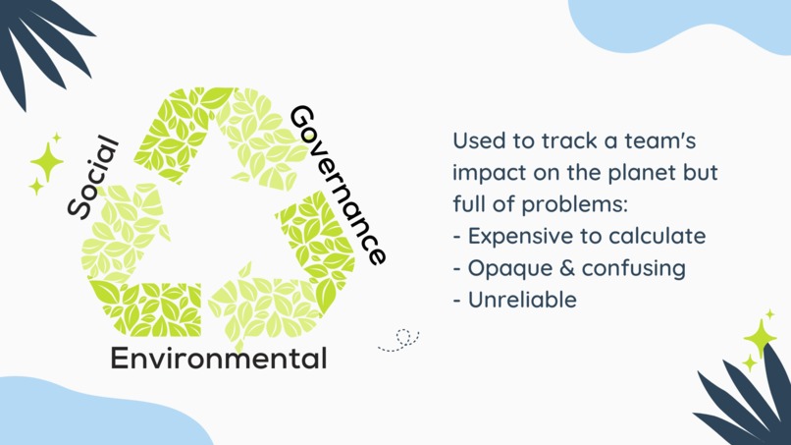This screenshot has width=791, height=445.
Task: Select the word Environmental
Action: coord(218,359)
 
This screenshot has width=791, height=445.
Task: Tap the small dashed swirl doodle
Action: coord(400,340)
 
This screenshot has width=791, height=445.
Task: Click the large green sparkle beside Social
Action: coord(46,160)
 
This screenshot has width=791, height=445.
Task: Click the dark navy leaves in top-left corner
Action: coord(39,39)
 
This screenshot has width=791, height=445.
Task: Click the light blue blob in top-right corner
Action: coord(687,25)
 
